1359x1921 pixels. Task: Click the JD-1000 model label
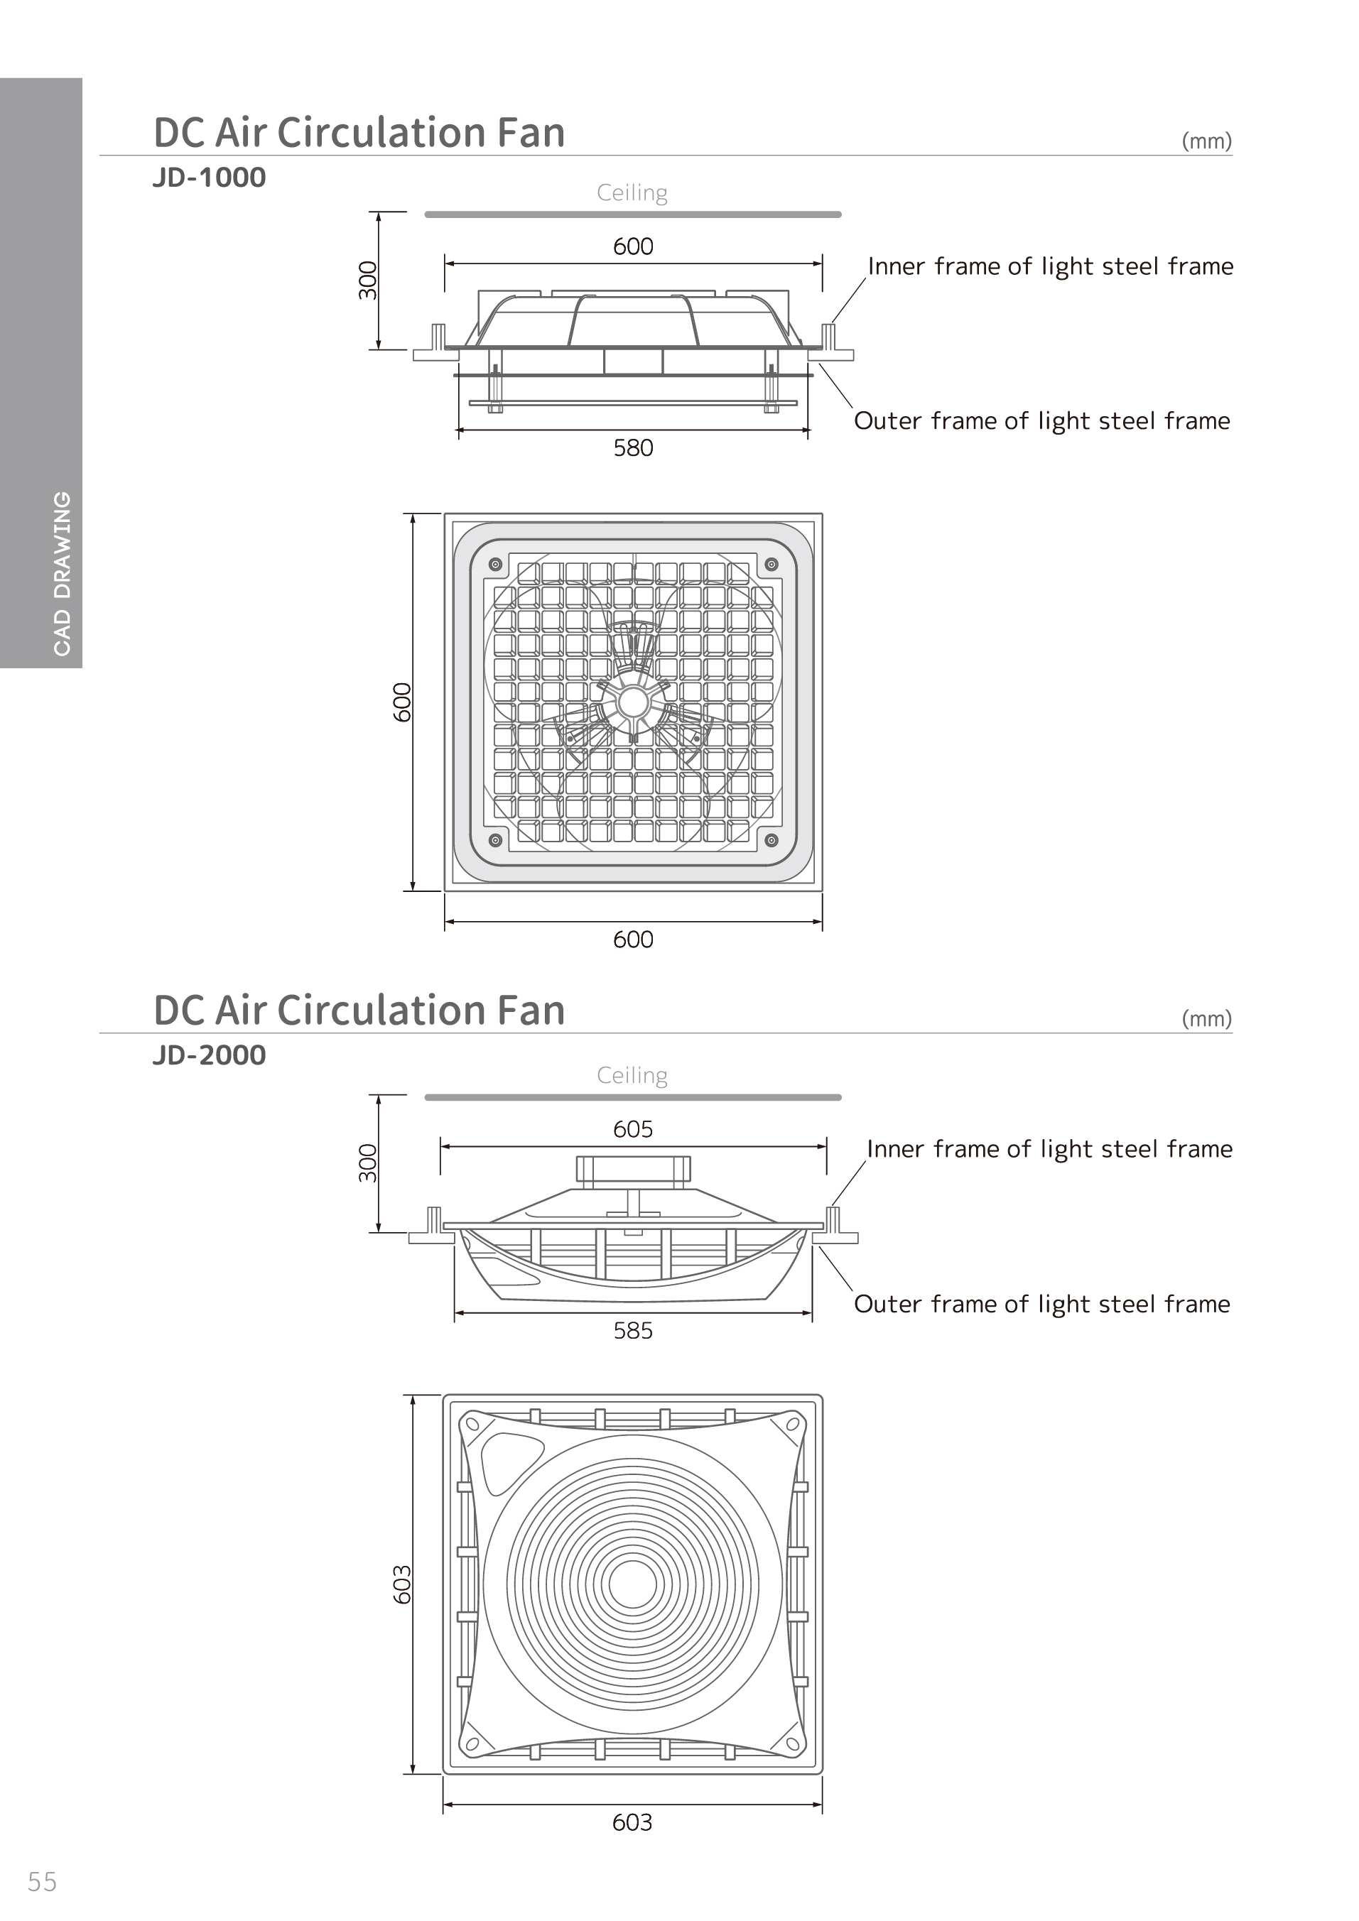[209, 178]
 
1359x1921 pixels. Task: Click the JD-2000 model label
[209, 1055]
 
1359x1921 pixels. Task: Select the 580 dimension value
[633, 447]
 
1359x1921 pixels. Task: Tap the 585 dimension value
[633, 1330]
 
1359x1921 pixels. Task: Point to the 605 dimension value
[633, 1128]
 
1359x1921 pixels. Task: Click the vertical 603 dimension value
[403, 1584]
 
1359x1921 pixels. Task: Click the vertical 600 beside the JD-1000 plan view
[403, 702]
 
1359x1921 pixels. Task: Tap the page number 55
[42, 1882]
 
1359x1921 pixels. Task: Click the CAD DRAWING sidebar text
[62, 573]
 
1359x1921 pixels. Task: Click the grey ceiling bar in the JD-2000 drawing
[633, 1097]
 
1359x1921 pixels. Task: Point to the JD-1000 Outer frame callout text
[1042, 421]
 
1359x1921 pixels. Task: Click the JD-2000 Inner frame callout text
[1049, 1150]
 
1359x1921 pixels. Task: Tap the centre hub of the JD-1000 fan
[633, 703]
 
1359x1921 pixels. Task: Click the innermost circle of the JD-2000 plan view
[633, 1584]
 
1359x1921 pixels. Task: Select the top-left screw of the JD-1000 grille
[494, 564]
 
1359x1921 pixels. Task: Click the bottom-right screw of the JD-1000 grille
[771, 840]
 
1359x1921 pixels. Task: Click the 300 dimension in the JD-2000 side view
[368, 1163]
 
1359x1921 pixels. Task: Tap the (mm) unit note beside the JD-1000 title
[1207, 141]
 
